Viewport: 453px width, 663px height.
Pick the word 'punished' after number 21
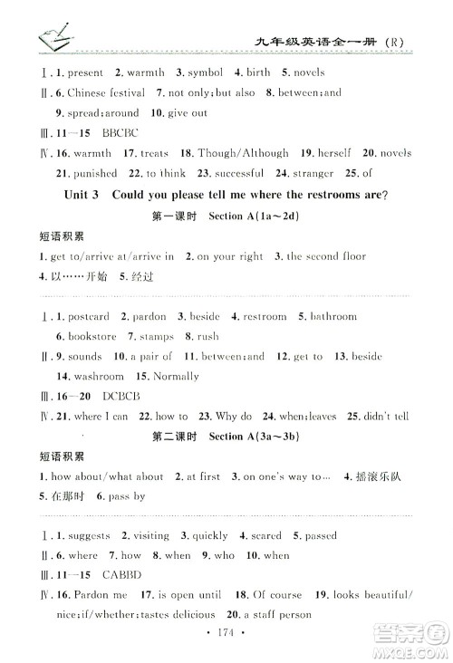pyautogui.click(x=95, y=173)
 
